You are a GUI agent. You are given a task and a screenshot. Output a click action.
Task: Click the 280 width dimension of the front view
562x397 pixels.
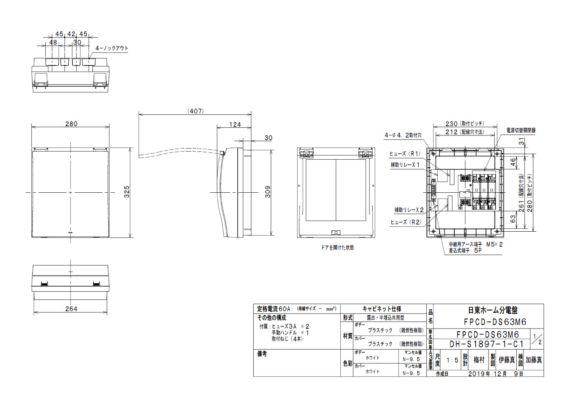pos(71,124)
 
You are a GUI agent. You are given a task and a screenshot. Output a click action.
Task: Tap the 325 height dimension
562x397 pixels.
pos(127,192)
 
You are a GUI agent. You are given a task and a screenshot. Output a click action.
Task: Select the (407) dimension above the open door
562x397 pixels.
pos(195,111)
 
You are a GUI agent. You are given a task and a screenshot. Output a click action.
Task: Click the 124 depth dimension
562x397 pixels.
pos(235,124)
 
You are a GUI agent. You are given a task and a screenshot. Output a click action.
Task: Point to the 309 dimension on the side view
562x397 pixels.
pos(268,192)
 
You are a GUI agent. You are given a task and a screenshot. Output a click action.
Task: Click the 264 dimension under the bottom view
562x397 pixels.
pos(71,309)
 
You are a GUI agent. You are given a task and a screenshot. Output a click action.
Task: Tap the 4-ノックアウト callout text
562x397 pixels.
pos(112,48)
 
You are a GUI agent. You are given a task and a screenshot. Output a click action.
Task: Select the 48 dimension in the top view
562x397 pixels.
pos(53,42)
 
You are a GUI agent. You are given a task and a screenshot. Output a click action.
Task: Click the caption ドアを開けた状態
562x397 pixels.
pos(337,247)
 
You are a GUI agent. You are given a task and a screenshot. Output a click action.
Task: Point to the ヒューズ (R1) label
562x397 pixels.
pos(405,154)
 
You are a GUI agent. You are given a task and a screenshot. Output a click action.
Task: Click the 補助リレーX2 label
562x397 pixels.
pos(409,210)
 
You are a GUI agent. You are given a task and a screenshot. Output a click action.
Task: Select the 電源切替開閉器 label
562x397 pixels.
pos(521,131)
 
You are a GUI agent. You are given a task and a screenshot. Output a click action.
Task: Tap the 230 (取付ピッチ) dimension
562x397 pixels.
pos(465,124)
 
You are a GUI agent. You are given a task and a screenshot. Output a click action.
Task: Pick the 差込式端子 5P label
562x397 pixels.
pos(465,251)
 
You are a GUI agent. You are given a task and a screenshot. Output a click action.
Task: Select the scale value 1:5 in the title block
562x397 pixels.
pos(452,360)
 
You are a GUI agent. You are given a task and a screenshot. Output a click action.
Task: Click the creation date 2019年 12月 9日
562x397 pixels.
pos(495,374)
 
